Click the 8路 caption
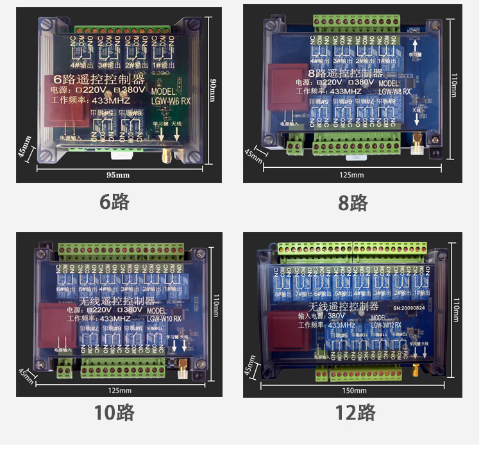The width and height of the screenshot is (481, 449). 353,203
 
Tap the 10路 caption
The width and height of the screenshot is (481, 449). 114,412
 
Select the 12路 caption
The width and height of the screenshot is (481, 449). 354,412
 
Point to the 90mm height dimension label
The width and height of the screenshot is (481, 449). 213,90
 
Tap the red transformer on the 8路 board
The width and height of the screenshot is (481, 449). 282,86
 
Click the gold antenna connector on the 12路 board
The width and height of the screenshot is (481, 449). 415,370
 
